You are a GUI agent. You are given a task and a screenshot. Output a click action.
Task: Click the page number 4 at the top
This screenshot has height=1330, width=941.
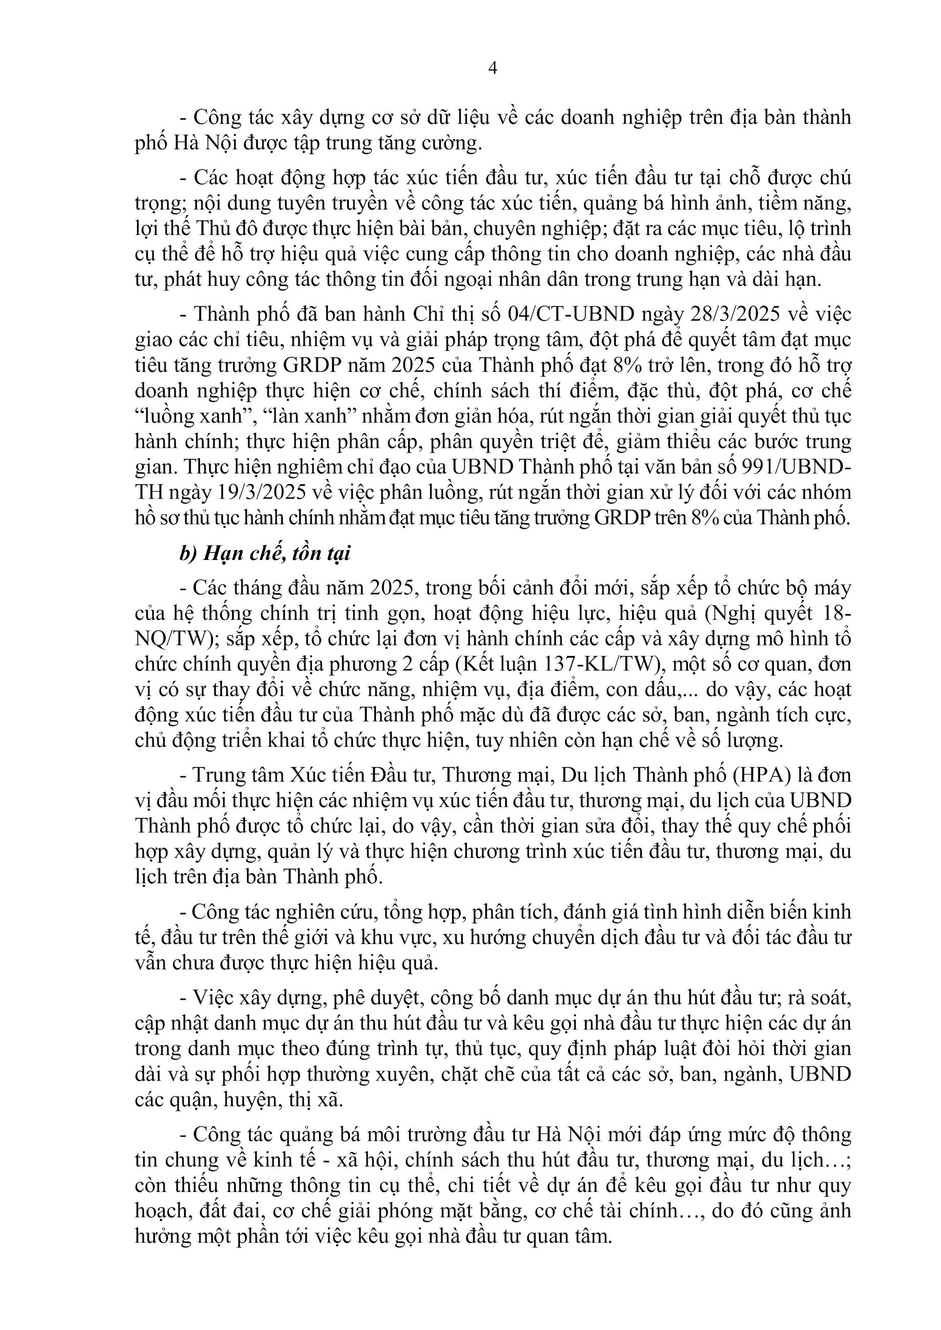493,69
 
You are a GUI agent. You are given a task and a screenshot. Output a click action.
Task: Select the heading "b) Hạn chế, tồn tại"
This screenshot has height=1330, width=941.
265,554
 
